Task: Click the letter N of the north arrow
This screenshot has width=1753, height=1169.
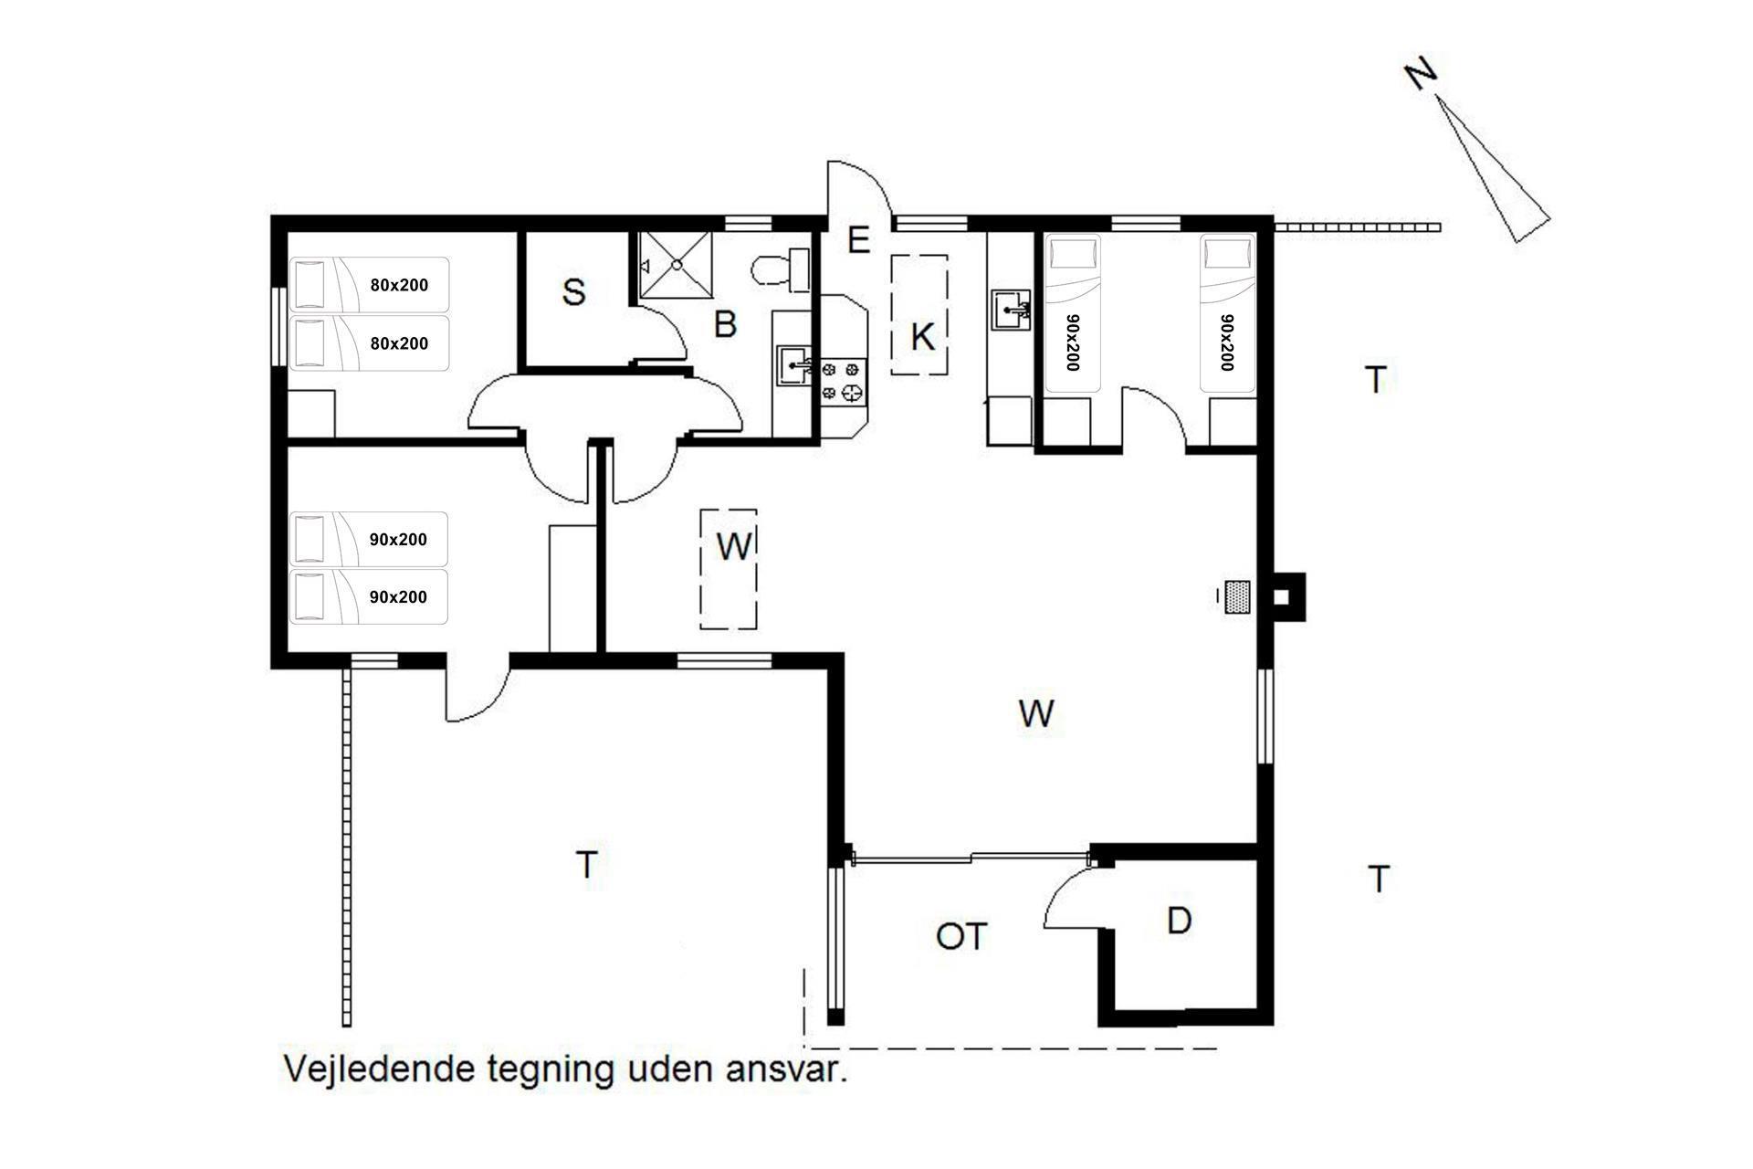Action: coord(1421,75)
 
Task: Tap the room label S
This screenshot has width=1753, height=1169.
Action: coord(573,293)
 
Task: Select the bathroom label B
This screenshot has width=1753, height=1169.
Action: coord(725,324)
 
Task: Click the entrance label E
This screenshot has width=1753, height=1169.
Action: coord(858,240)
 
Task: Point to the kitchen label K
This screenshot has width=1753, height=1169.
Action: coord(922,337)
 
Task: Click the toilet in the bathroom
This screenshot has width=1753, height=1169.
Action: coord(782,269)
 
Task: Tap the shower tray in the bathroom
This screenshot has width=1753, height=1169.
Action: coord(677,263)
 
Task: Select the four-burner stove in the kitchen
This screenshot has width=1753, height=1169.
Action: coord(841,381)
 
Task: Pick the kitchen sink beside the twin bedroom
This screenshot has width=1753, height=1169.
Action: coord(1013,311)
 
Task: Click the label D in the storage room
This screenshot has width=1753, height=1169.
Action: coord(1179,922)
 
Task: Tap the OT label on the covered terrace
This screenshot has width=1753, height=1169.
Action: coord(961,936)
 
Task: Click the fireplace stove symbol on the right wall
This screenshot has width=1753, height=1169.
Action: coord(1237,597)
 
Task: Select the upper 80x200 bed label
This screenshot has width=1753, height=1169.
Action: coord(399,285)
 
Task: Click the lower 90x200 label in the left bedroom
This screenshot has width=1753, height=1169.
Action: coord(398,597)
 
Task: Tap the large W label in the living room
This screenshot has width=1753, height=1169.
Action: coord(1036,712)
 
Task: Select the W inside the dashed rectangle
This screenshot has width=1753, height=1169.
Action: coord(734,546)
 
